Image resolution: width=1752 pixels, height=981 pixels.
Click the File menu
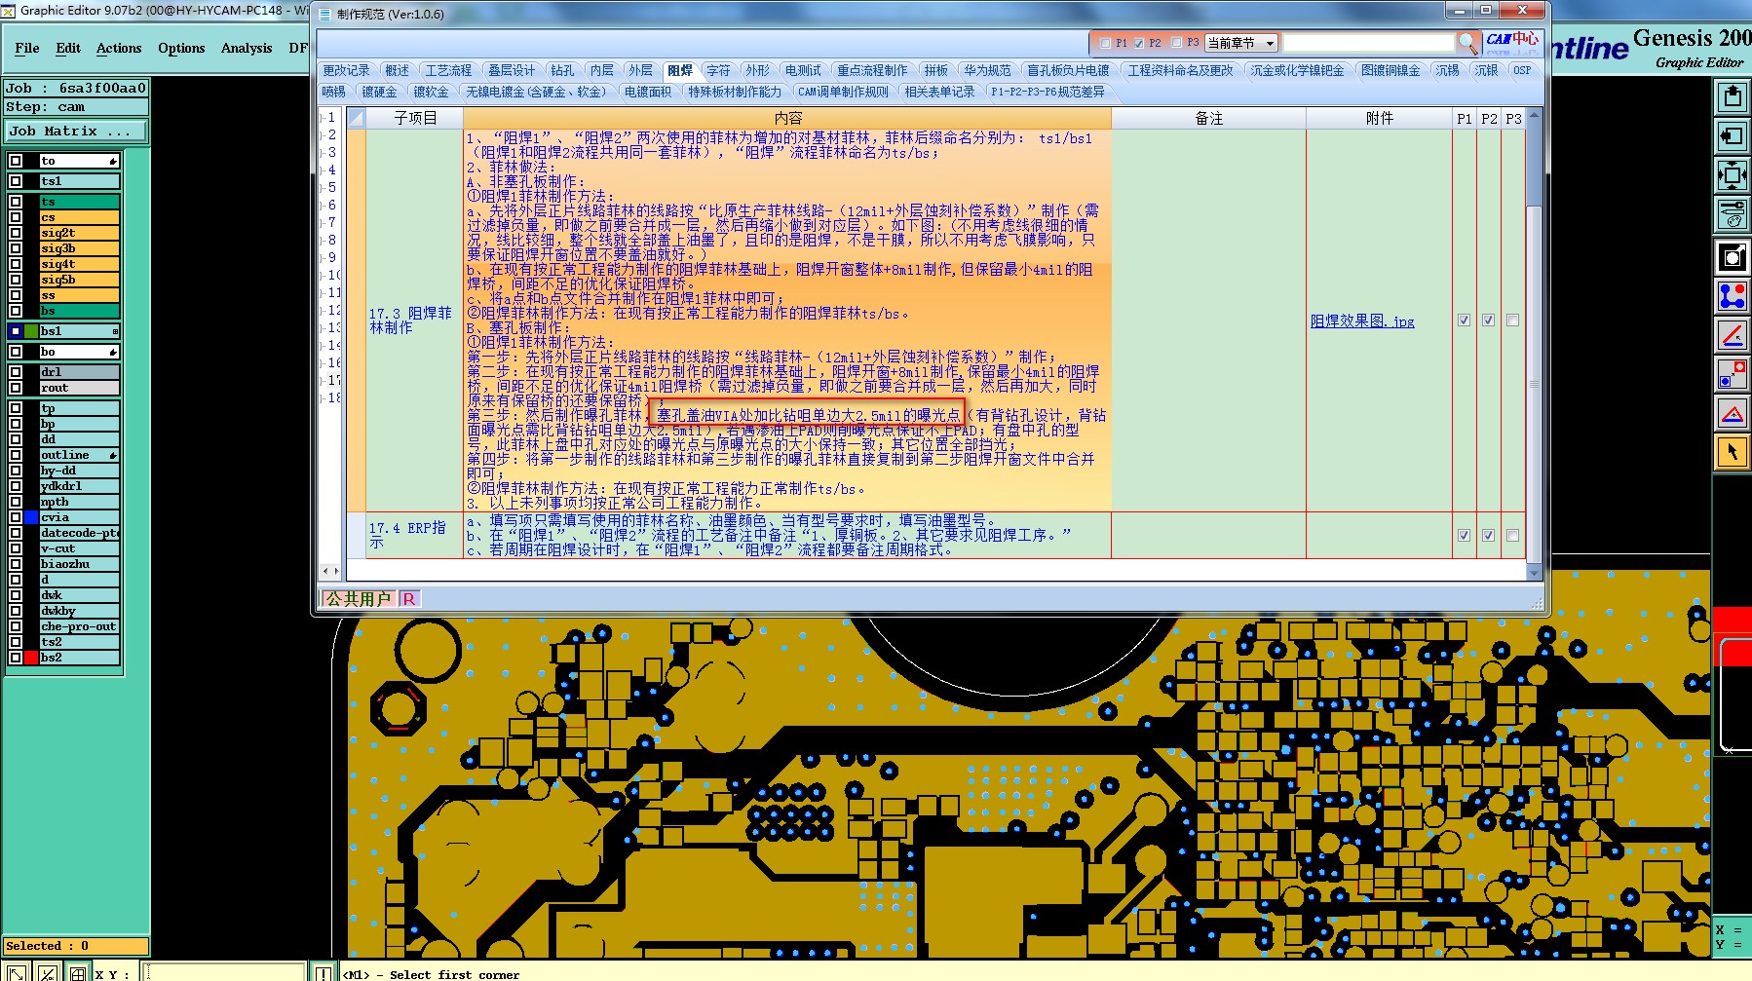[x=27, y=48]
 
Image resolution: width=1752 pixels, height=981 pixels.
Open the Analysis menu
[x=246, y=48]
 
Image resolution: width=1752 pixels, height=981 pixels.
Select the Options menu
[x=181, y=48]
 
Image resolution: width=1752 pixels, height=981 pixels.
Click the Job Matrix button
[x=75, y=131]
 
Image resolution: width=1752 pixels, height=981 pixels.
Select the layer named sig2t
[x=79, y=233]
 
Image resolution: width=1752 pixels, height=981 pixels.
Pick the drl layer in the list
[x=79, y=372]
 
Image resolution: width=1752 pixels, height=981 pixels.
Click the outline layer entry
[x=79, y=455]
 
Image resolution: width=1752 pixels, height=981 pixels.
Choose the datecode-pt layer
[x=79, y=533]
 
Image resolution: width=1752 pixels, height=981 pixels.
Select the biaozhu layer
[x=79, y=564]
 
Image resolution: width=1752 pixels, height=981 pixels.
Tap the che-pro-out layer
[x=79, y=626]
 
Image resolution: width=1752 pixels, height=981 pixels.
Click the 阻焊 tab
[x=679, y=70]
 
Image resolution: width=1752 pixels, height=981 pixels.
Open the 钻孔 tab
[x=562, y=70]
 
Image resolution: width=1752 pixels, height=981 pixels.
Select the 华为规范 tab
[x=987, y=70]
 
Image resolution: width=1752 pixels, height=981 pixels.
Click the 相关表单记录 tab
[x=939, y=92]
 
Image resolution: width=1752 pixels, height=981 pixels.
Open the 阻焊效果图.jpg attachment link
[x=1361, y=321]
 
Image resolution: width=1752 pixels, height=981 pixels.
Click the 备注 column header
[x=1208, y=118]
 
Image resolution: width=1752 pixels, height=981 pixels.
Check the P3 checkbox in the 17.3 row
[x=1512, y=320]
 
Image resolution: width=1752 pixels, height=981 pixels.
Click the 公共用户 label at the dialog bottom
[x=358, y=598]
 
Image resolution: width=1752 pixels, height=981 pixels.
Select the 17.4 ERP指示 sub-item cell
[x=408, y=535]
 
